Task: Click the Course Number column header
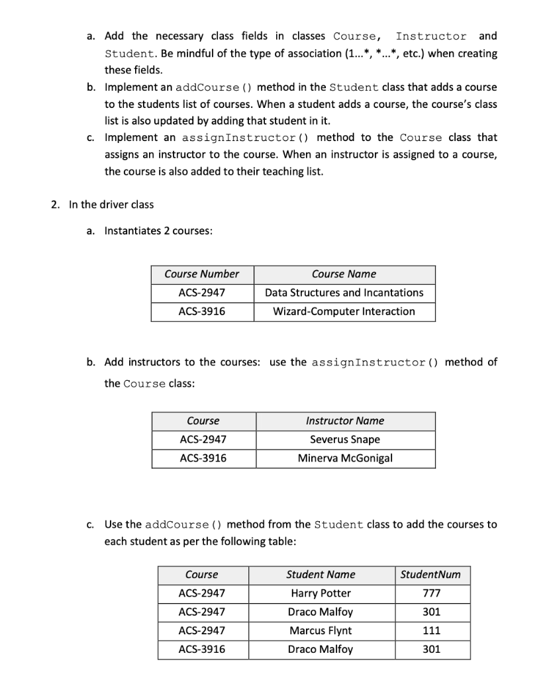(202, 274)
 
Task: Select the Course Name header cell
(344, 274)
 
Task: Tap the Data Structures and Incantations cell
(344, 293)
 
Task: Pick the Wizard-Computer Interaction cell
(344, 311)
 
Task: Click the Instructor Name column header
(344, 421)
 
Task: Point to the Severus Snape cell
(344, 440)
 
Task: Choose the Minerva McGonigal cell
(344, 458)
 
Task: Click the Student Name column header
(321, 575)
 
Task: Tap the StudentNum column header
(431, 575)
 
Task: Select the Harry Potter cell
(321, 593)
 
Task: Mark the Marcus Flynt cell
(321, 630)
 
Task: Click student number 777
(431, 593)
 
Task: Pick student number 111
(431, 630)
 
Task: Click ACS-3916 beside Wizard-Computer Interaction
(202, 311)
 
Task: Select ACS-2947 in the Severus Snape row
(203, 440)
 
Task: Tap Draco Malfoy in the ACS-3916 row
(321, 650)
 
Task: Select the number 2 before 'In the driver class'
(54, 205)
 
